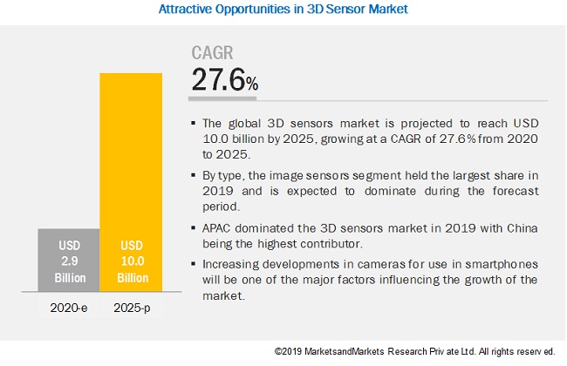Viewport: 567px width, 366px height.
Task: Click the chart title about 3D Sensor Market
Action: [x=283, y=10]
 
